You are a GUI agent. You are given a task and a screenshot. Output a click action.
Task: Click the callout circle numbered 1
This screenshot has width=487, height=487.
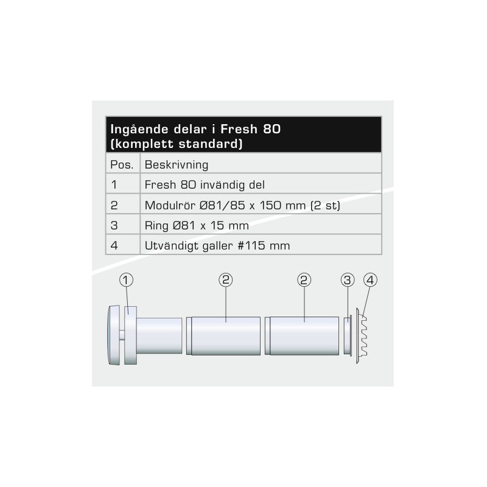[x=126, y=280]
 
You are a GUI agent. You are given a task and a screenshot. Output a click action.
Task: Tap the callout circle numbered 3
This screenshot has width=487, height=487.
[x=347, y=280]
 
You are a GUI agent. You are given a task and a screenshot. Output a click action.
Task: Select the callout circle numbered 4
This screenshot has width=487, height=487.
[x=370, y=280]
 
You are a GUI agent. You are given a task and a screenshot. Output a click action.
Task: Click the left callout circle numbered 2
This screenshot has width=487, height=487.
[x=225, y=280]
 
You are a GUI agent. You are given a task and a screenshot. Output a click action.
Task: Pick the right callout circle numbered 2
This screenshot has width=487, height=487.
[x=304, y=280]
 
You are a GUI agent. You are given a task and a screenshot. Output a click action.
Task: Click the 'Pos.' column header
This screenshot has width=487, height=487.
[x=122, y=164]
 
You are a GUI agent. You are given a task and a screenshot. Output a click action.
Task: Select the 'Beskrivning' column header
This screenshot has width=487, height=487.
[x=177, y=164]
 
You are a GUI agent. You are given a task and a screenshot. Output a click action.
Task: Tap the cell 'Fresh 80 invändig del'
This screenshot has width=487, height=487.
[x=205, y=185]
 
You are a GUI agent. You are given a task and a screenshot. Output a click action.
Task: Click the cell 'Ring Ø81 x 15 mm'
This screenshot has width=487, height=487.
[x=197, y=225]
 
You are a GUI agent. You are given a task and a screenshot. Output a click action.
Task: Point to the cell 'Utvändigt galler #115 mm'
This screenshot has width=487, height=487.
[x=217, y=246]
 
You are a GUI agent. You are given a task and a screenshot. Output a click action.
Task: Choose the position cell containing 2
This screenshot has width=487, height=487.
[x=114, y=205]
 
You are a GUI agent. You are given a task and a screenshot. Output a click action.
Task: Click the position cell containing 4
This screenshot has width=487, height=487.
[x=114, y=246]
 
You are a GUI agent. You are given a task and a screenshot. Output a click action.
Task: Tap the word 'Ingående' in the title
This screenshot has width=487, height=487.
[x=139, y=129]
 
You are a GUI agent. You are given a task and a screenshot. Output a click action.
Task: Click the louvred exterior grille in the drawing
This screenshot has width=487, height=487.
[x=362, y=336]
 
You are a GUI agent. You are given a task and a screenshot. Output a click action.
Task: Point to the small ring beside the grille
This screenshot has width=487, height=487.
[x=348, y=335]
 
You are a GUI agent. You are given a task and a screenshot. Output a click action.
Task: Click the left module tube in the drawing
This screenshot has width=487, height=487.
[x=223, y=336]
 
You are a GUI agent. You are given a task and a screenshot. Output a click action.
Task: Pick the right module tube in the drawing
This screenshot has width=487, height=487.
[x=302, y=336]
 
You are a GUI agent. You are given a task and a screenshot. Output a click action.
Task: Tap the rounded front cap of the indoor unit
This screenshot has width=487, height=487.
[x=114, y=335]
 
